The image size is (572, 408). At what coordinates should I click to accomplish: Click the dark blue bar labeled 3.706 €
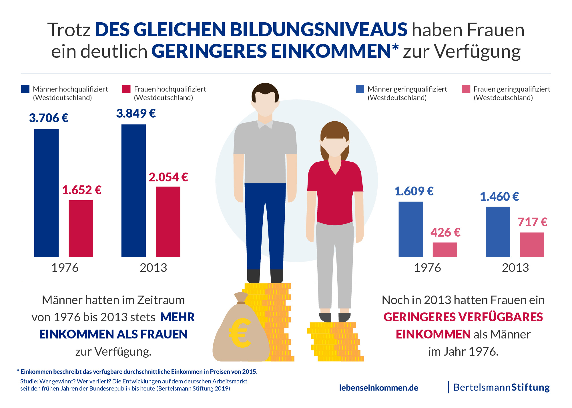click(x=46, y=193)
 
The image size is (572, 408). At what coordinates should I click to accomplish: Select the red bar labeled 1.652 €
click(x=81, y=228)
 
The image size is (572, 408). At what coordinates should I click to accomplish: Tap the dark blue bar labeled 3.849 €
click(x=133, y=191)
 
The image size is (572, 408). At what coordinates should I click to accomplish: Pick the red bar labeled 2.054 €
click(x=168, y=222)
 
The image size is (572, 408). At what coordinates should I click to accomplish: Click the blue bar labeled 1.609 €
click(x=410, y=229)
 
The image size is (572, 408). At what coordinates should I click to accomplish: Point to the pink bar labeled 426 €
click(x=445, y=250)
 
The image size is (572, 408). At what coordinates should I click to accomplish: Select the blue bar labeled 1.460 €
click(x=498, y=232)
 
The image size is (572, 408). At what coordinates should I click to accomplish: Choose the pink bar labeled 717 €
click(x=532, y=245)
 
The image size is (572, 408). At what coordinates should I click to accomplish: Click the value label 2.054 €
click(x=168, y=177)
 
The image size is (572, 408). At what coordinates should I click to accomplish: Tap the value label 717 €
click(x=532, y=222)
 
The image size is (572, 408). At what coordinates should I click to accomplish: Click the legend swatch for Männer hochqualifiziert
click(x=25, y=89)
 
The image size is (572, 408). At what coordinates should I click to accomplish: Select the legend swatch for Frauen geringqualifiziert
click(x=466, y=89)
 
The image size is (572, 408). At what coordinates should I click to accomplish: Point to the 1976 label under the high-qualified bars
click(x=65, y=268)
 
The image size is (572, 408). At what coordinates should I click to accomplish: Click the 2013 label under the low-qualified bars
click(x=515, y=268)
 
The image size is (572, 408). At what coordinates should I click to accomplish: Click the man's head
click(x=265, y=100)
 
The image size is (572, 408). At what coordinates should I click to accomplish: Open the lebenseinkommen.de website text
click(x=378, y=388)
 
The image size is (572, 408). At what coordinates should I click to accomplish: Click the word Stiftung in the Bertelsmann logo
click(x=530, y=387)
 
